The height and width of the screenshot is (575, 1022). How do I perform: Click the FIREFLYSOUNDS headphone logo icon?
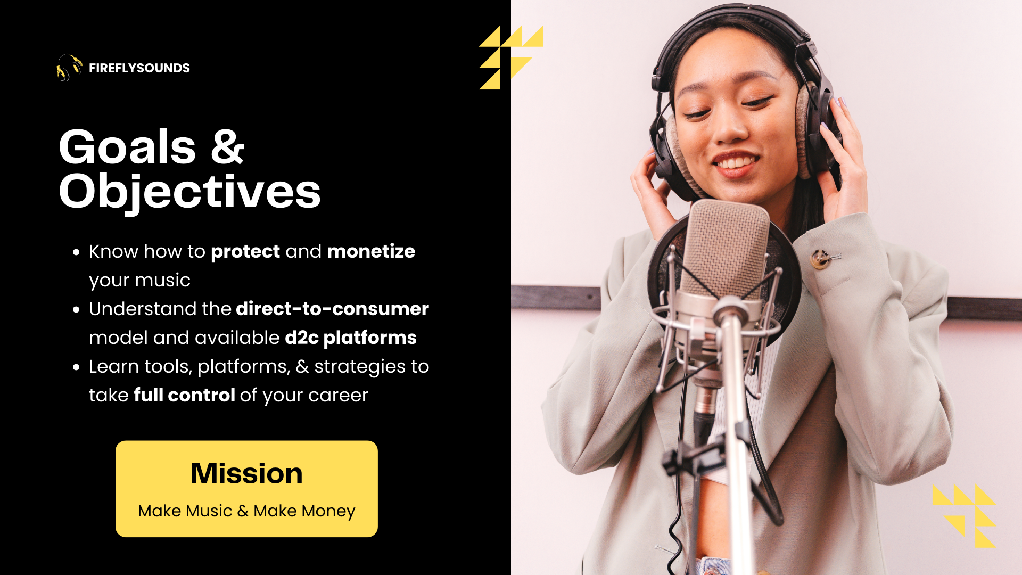(69, 68)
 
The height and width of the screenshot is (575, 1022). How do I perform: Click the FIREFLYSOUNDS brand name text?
(139, 68)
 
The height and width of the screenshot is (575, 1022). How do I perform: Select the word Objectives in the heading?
(190, 192)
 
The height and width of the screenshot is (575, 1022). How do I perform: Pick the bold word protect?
(245, 251)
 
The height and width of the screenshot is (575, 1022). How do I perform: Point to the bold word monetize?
(371, 251)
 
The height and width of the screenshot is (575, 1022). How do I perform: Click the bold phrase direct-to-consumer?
(332, 309)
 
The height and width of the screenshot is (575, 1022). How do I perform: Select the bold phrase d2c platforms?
(351, 338)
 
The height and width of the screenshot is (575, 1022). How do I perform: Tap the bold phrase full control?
(184, 395)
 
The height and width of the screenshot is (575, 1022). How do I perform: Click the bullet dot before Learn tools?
(77, 367)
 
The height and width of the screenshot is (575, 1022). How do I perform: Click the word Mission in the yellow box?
(246, 473)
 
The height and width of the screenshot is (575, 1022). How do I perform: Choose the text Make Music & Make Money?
(246, 511)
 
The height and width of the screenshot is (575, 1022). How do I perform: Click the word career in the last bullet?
(338, 396)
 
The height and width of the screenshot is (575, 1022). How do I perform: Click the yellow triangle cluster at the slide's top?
(510, 57)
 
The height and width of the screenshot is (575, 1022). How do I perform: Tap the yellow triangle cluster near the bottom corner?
(963, 516)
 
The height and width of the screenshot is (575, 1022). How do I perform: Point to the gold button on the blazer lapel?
(820, 259)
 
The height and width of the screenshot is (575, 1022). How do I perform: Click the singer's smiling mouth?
(736, 161)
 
